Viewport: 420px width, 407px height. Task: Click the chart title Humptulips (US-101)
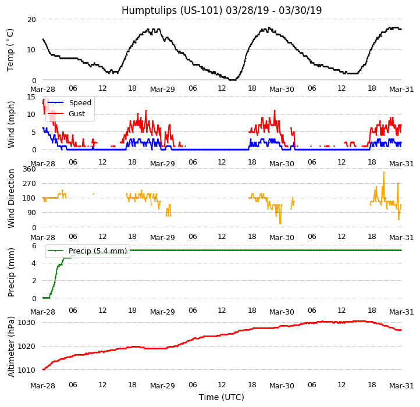point(222,10)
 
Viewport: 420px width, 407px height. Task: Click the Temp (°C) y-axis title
point(10,49)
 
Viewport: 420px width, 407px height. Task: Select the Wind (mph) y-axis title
point(10,123)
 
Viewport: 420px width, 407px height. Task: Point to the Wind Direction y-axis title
point(10,198)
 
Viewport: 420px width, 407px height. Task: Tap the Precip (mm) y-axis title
point(10,272)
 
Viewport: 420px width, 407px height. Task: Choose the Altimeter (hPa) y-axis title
point(10,347)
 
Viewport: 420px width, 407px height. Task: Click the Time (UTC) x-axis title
point(222,397)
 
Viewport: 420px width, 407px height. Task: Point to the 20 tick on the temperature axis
point(31,19)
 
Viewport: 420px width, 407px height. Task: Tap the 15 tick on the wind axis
point(31,97)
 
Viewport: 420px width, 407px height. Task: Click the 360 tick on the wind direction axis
point(29,169)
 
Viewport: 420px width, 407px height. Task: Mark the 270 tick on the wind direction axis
point(29,184)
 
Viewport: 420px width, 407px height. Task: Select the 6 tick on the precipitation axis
point(34,246)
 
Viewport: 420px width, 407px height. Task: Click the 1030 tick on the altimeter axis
point(26,323)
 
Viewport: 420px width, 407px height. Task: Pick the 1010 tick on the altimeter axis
point(26,370)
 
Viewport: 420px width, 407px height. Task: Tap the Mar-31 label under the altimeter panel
point(401,386)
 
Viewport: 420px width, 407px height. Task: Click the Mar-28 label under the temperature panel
point(42,90)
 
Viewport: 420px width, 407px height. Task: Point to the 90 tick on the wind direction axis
point(31,213)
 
